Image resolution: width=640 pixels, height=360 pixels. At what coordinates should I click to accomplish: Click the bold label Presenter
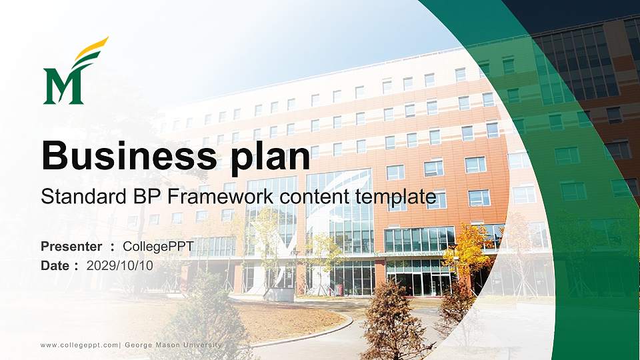click(x=71, y=247)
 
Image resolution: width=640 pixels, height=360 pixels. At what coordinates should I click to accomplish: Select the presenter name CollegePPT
click(x=158, y=247)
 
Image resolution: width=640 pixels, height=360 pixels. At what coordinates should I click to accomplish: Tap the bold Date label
click(x=55, y=265)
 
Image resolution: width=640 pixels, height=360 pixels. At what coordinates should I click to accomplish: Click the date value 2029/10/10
click(x=120, y=265)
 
